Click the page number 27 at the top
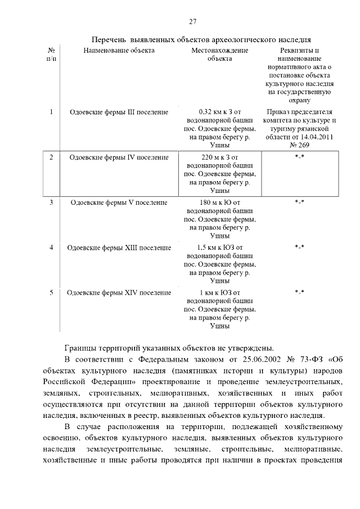click(192, 22)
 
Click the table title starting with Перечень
click(201, 40)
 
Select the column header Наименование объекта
click(119, 51)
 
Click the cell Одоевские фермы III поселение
click(119, 112)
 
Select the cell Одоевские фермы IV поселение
click(119, 157)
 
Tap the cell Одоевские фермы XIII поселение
click(119, 247)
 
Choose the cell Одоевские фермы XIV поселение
click(119, 292)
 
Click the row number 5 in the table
click(51, 292)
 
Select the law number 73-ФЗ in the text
click(306, 359)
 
